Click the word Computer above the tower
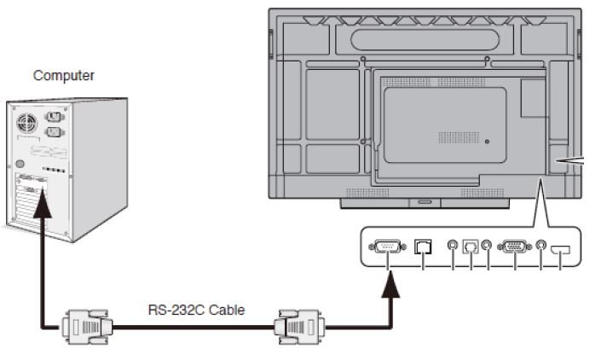pyautogui.click(x=64, y=76)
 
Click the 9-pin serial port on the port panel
pyautogui.click(x=389, y=247)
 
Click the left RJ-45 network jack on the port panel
pyautogui.click(x=423, y=247)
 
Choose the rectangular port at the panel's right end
pyautogui.click(x=560, y=249)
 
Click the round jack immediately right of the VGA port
pyautogui.click(x=541, y=247)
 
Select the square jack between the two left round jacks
pyautogui.click(x=470, y=247)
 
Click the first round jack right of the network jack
pyautogui.click(x=453, y=247)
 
